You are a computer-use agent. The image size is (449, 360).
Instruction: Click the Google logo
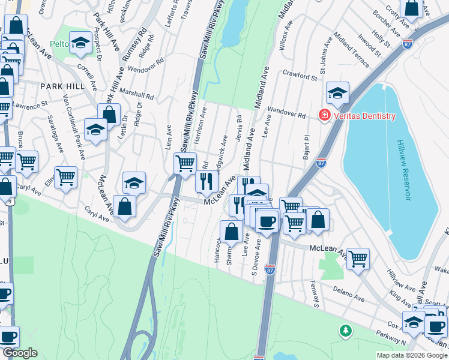20,353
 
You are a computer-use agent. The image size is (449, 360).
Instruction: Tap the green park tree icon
345,330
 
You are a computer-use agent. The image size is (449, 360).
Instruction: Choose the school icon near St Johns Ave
338,93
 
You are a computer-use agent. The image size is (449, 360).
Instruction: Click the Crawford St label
300,77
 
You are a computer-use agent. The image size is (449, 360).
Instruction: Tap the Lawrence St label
30,105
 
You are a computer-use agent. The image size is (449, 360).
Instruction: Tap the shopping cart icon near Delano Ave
358,259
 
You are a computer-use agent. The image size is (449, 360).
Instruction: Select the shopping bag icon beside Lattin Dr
109,113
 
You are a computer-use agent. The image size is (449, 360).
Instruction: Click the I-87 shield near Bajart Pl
321,162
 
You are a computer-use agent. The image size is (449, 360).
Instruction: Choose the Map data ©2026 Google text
411,355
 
